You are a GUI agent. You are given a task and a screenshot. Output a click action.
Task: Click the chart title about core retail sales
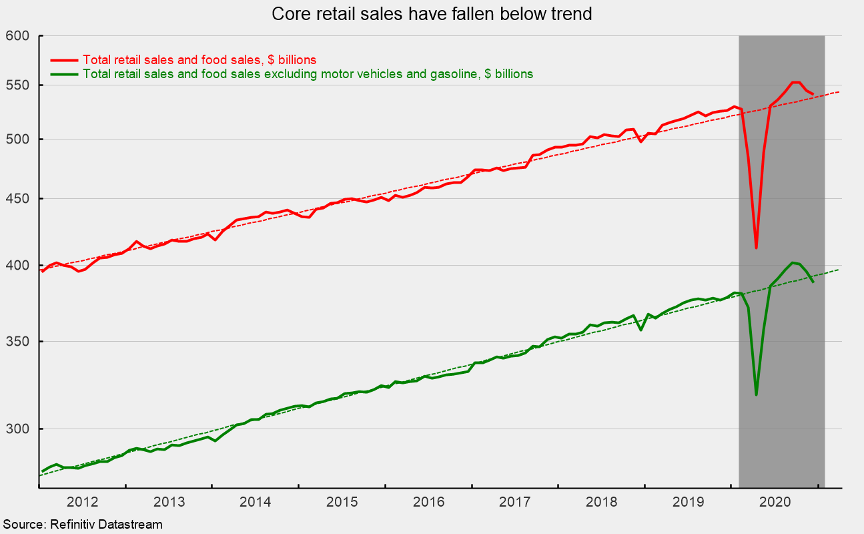(432, 13)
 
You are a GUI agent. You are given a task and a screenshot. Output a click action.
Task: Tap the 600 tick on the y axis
(19, 35)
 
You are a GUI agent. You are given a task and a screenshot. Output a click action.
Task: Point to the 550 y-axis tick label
(19, 85)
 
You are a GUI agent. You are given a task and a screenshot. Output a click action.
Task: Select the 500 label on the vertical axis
(19, 139)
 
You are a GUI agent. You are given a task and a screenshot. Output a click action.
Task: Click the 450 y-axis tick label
(19, 199)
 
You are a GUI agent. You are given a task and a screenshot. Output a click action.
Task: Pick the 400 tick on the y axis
(19, 266)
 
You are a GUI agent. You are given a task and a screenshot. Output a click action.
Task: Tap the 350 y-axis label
(19, 342)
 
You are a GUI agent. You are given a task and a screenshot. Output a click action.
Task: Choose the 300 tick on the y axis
(19, 429)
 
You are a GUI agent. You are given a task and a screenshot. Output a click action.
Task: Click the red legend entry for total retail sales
(199, 59)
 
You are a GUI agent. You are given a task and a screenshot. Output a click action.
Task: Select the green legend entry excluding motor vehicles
(308, 74)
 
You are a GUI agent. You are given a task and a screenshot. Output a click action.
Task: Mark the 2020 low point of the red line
(756, 248)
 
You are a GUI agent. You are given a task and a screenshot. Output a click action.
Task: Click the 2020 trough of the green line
(756, 394)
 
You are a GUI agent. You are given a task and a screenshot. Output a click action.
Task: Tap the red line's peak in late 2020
(795, 82)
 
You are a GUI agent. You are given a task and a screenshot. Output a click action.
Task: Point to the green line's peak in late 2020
(792, 263)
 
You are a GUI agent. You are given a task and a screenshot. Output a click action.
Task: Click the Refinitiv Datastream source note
(82, 525)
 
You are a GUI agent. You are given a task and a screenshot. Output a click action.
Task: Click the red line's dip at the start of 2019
(640, 142)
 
